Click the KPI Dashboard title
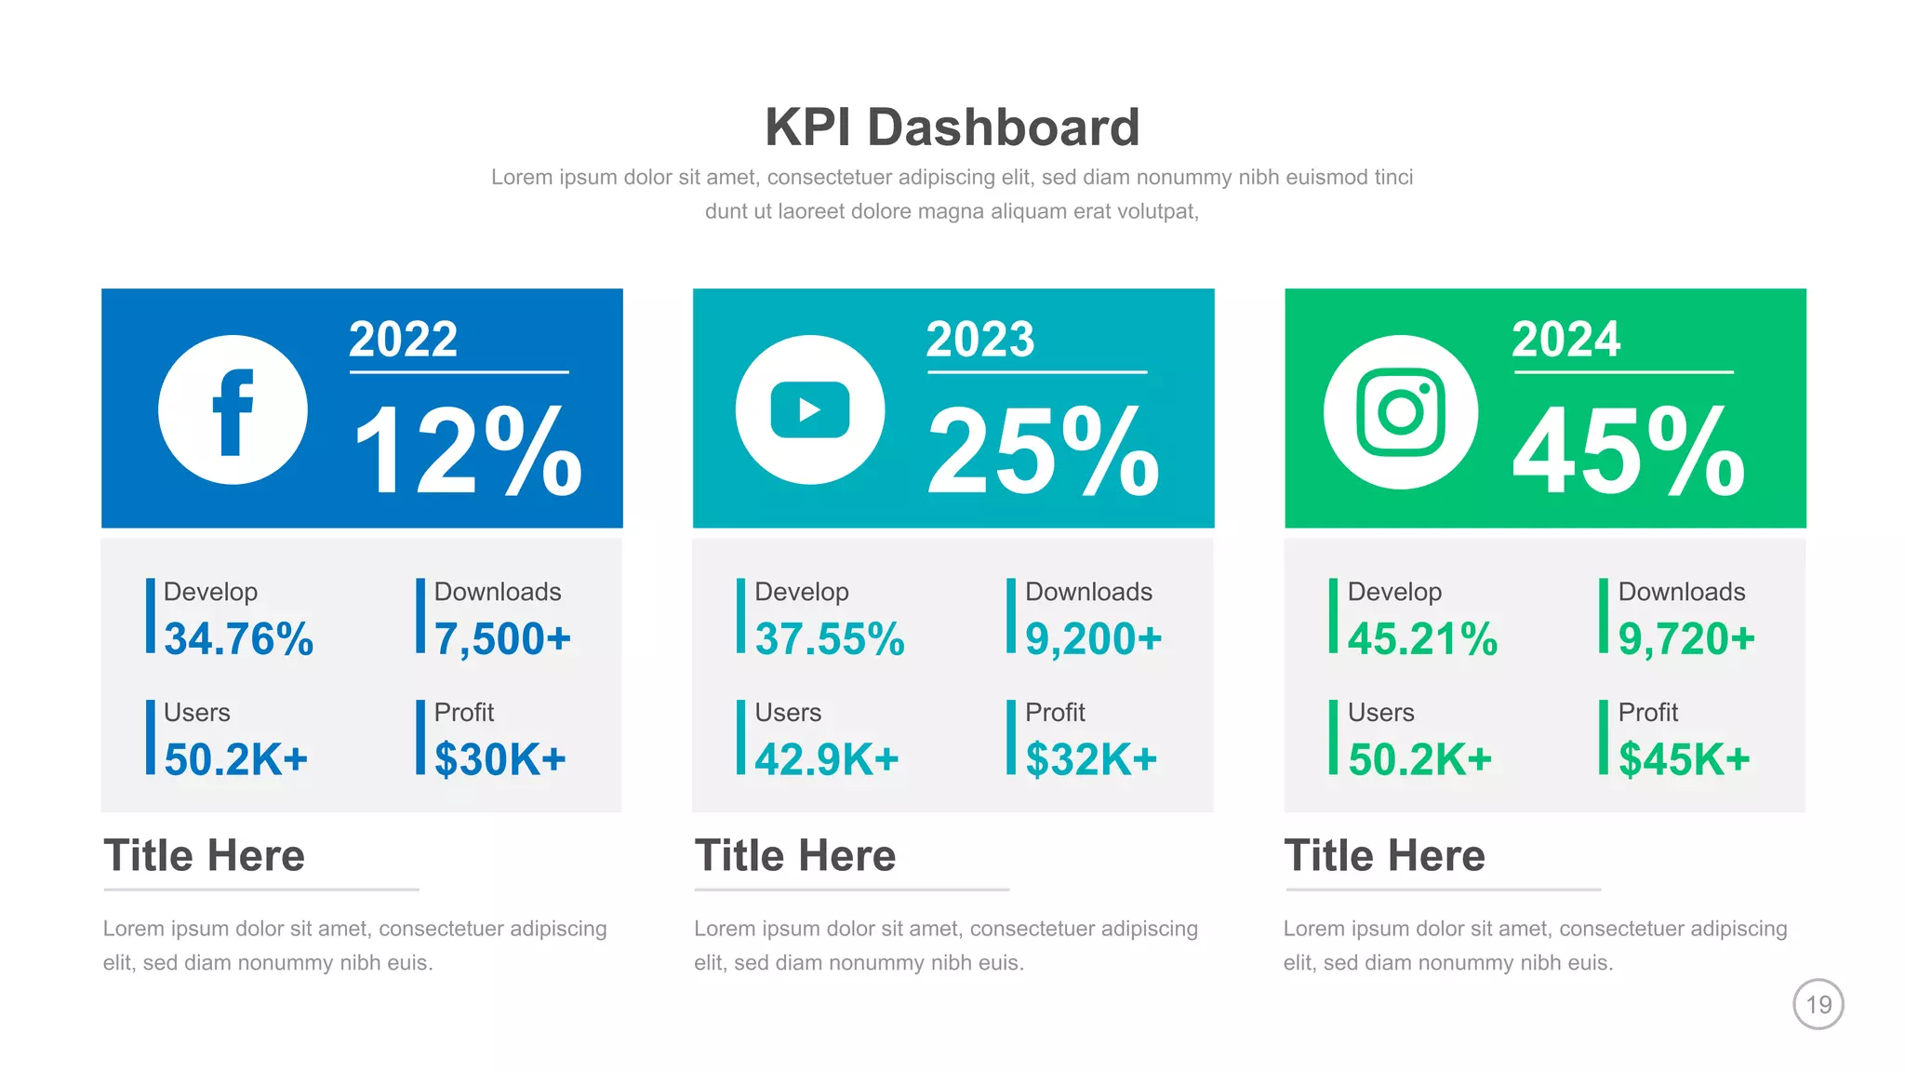coord(952,127)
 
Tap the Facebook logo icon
coord(233,410)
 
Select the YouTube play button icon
coord(810,410)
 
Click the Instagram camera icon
coord(1400,412)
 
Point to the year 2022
coord(403,340)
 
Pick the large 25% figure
coord(1044,452)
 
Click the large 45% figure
coord(1629,452)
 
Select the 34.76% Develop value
coord(239,639)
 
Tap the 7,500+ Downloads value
coord(502,639)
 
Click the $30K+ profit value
coord(500,759)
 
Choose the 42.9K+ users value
coord(827,759)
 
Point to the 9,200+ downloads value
coord(1094,639)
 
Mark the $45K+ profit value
coord(1685,759)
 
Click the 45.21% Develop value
coord(1422,639)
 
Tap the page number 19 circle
coord(1818,1004)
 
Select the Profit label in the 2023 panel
coord(1055,713)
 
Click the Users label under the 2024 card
coord(1380,713)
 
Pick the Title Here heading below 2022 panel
coord(205,855)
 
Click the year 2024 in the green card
coord(1565,340)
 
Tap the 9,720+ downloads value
coord(1686,639)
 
